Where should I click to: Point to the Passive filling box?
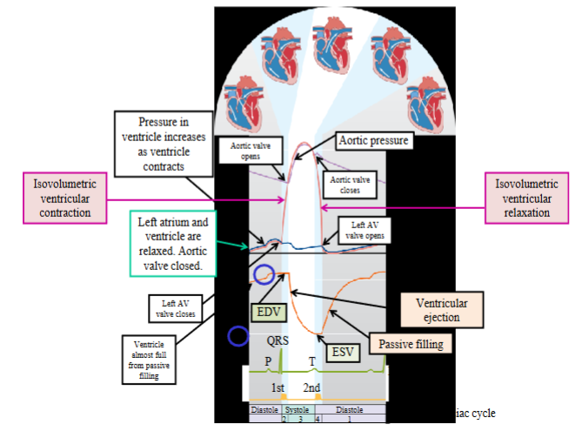(410, 344)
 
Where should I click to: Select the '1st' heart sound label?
(278, 387)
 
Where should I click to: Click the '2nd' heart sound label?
(311, 387)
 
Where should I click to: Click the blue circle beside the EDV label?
(263, 276)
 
